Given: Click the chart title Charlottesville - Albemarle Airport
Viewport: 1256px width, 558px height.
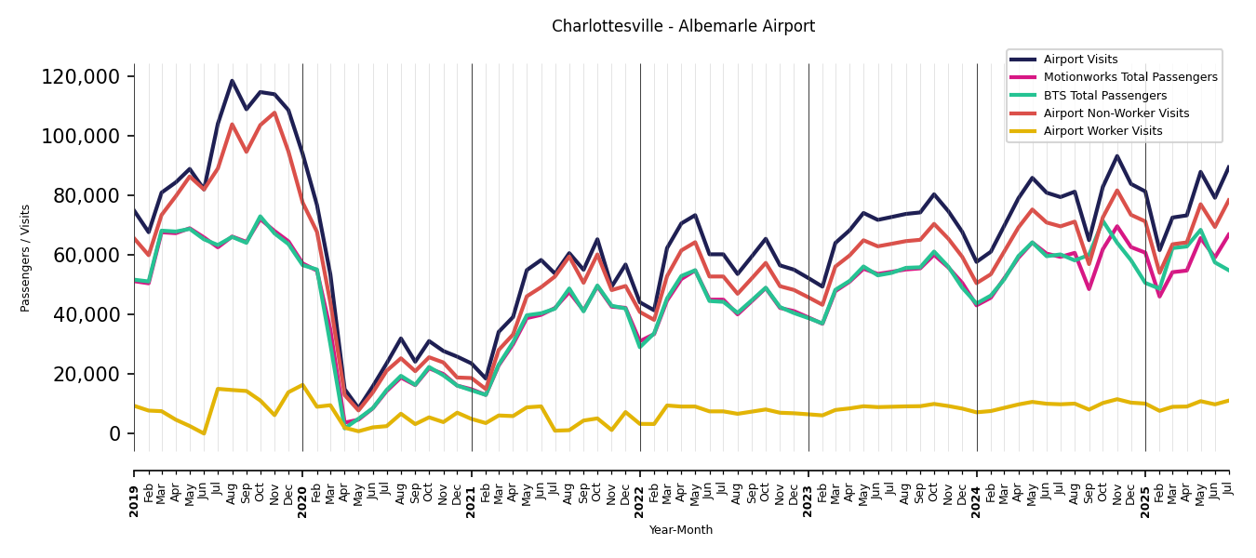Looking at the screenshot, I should pyautogui.click(x=683, y=26).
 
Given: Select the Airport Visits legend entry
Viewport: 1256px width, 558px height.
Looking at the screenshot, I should pyautogui.click(x=1080, y=60).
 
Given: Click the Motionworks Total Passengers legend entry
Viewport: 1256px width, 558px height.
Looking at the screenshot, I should pyautogui.click(x=1129, y=77).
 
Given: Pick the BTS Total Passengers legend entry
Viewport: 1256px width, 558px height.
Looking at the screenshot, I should pyautogui.click(x=1104, y=96).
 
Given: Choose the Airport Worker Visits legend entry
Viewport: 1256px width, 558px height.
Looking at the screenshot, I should pyautogui.click(x=1102, y=131).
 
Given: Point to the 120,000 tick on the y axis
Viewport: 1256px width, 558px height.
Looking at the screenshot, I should pyautogui.click(x=81, y=76).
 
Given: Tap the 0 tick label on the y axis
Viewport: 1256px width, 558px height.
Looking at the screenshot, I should pyautogui.click(x=114, y=433).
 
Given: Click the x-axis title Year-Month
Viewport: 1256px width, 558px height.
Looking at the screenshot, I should pyautogui.click(x=681, y=530).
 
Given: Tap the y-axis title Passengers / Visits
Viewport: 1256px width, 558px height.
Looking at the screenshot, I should pyautogui.click(x=26, y=258).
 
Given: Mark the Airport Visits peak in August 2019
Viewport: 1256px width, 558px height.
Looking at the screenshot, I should pyautogui.click(x=232, y=81).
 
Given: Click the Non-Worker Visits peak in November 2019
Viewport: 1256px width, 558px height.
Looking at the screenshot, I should pyautogui.click(x=274, y=113).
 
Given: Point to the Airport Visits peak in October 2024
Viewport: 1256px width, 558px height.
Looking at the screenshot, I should pyautogui.click(x=1117, y=155).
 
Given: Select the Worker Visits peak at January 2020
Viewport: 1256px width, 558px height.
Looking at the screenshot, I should pyautogui.click(x=302, y=385).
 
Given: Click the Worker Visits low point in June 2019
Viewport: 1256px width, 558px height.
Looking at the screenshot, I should pyautogui.click(x=204, y=433).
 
